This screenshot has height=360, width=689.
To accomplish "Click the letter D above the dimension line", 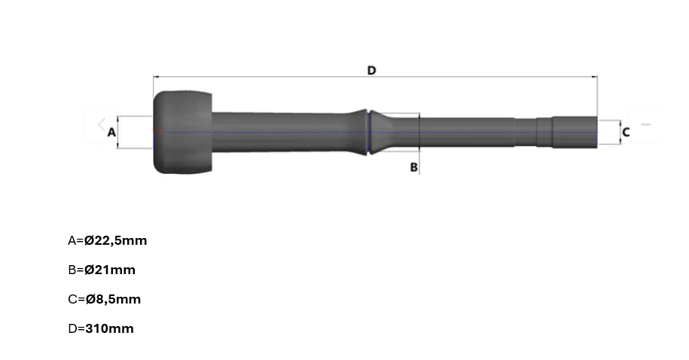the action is [x=371, y=70].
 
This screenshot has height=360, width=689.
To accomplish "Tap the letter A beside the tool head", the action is [x=111, y=132].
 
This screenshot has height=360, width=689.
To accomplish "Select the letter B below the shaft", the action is [x=413, y=167].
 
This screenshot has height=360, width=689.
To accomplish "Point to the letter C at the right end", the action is [x=627, y=132].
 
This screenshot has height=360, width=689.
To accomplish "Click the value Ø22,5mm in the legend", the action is [x=115, y=240].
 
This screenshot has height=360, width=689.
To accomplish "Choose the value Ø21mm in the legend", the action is [x=110, y=270].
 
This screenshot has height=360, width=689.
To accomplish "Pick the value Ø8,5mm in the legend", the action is [x=114, y=299].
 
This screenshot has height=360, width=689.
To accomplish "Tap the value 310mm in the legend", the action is [x=109, y=329].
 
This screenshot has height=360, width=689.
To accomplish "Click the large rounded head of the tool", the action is [x=182, y=133].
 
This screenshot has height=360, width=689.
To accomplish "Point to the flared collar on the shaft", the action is [x=368, y=132].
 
